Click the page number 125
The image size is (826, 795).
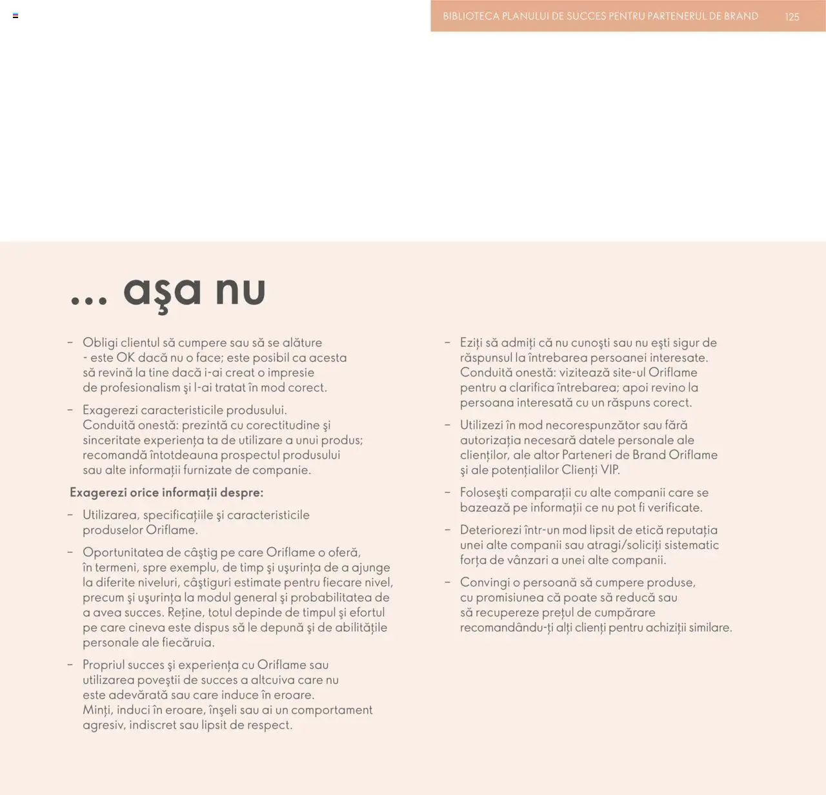coord(792,17)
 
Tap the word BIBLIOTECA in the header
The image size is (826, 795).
coord(471,16)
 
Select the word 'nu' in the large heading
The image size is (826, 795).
coord(240,291)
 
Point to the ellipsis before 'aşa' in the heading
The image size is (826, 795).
coord(88,301)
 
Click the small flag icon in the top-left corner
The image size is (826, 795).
coord(15,15)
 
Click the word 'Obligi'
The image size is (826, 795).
coord(100,343)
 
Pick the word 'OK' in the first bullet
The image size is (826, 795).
coord(125,358)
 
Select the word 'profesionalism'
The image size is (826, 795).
coord(140,387)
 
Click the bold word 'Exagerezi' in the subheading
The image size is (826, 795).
coord(98,493)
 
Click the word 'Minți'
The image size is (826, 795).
coord(97,710)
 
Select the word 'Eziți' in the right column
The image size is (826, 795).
coord(473,343)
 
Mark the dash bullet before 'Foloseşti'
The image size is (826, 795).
coord(447,493)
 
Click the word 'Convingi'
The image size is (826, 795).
coord(485,583)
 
